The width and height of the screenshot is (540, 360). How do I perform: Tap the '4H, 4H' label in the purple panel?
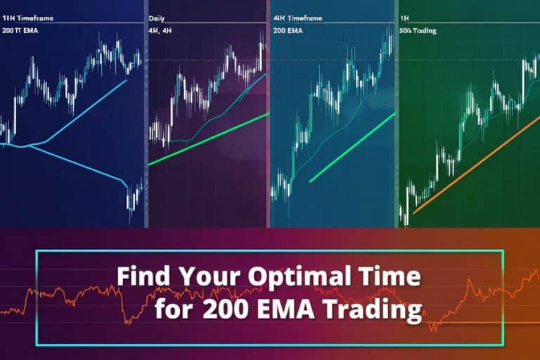click(x=160, y=32)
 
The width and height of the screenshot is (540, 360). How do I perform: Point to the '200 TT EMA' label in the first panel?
click(x=20, y=32)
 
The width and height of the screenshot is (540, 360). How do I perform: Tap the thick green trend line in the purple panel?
click(x=211, y=138)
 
